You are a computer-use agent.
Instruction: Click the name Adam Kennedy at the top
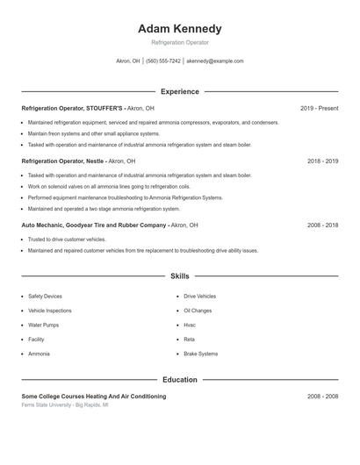point(180,28)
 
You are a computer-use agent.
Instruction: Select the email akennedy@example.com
point(215,61)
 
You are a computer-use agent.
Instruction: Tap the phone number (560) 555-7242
point(163,61)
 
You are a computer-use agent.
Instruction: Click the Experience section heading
point(180,91)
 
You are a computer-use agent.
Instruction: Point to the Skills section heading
point(180,275)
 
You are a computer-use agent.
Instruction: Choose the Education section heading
point(180,380)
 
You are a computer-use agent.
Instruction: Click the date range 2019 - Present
point(319,108)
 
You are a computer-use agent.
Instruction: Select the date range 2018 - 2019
point(322,161)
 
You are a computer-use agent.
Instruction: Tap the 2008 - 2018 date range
point(322,225)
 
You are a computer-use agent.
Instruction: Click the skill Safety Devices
point(45,297)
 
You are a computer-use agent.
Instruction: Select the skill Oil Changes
point(198,311)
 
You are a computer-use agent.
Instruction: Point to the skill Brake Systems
point(200,354)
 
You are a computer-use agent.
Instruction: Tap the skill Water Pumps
point(43,325)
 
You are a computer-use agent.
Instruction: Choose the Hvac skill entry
point(190,325)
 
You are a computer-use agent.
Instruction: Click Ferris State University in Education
point(53,405)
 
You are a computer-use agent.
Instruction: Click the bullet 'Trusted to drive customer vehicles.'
point(67,239)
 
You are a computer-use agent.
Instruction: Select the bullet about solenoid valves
point(110,186)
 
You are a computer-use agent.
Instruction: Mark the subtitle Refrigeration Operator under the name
point(180,42)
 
